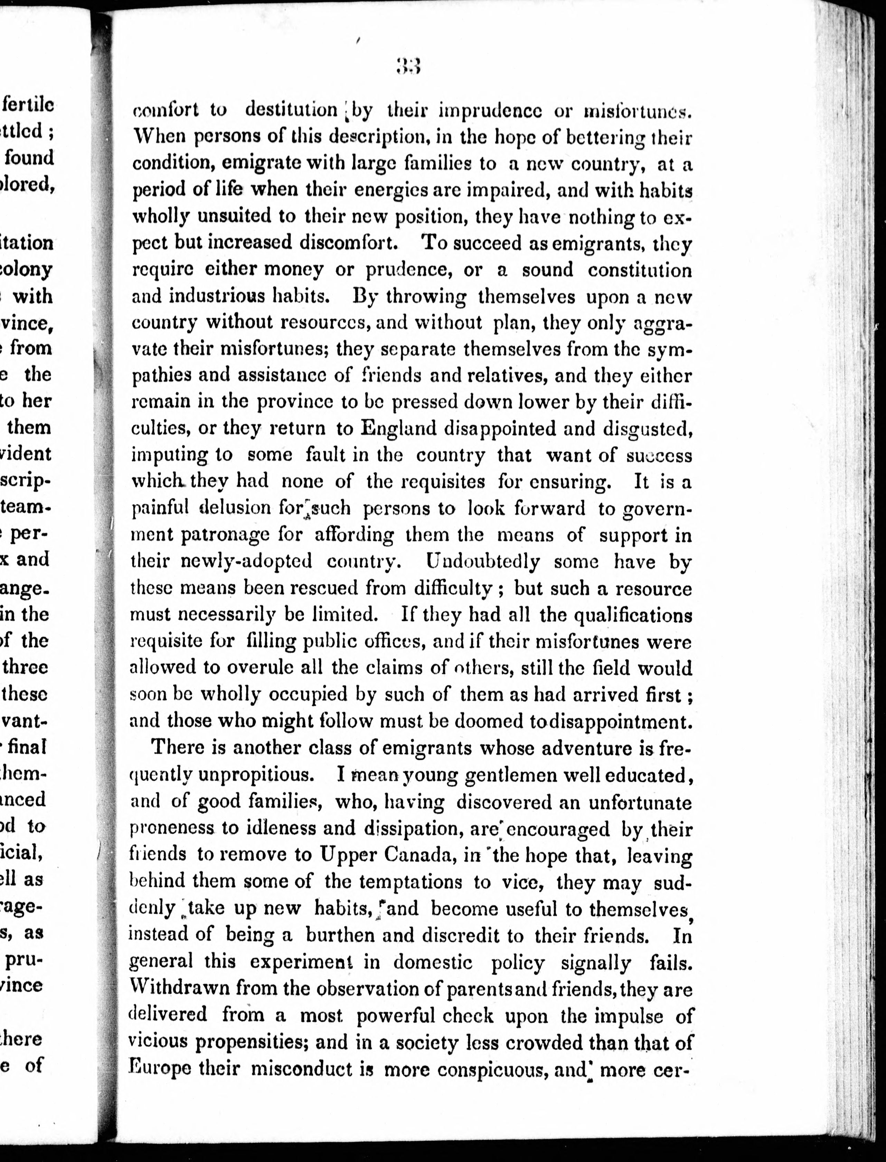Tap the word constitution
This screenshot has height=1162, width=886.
639,270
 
